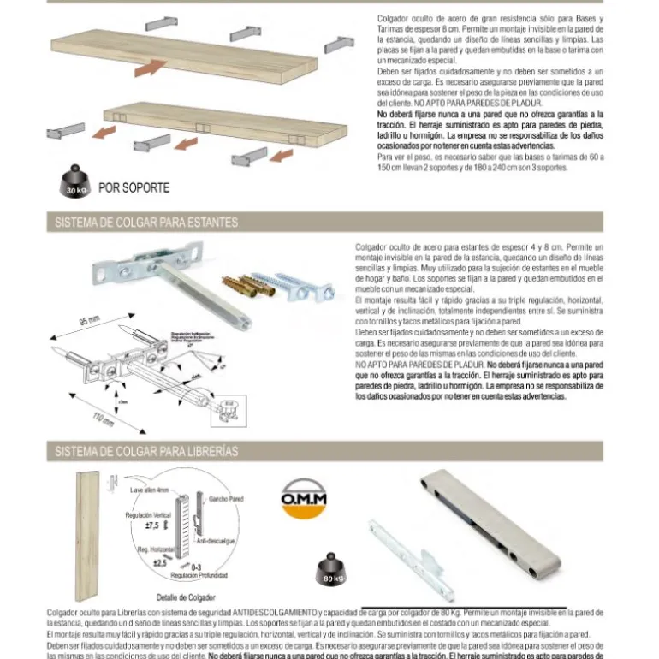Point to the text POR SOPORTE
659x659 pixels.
tap(134, 187)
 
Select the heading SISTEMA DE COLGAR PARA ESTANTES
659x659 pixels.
tap(145, 223)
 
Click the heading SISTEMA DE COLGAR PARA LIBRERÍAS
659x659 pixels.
tap(146, 451)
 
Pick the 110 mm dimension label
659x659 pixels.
tap(104, 419)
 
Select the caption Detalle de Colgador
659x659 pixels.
tap(186, 597)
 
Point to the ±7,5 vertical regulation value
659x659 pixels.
tap(151, 525)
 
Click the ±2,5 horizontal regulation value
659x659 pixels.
tap(160, 562)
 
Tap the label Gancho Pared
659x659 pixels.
tap(226, 498)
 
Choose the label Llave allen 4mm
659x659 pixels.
tap(149, 490)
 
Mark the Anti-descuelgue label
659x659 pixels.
tap(215, 541)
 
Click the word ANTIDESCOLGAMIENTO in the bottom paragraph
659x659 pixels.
tap(272, 613)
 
